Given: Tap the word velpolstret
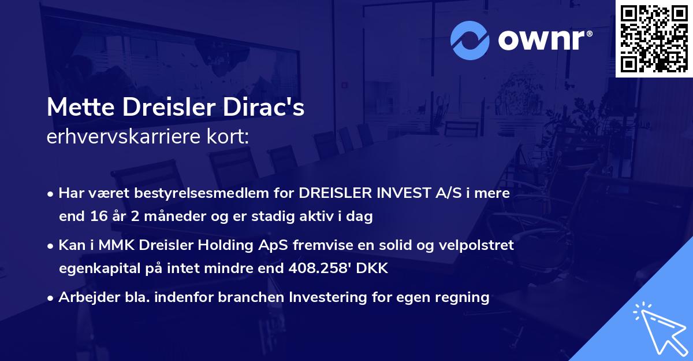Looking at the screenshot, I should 478,245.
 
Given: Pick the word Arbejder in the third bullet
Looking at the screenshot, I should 83,297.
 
